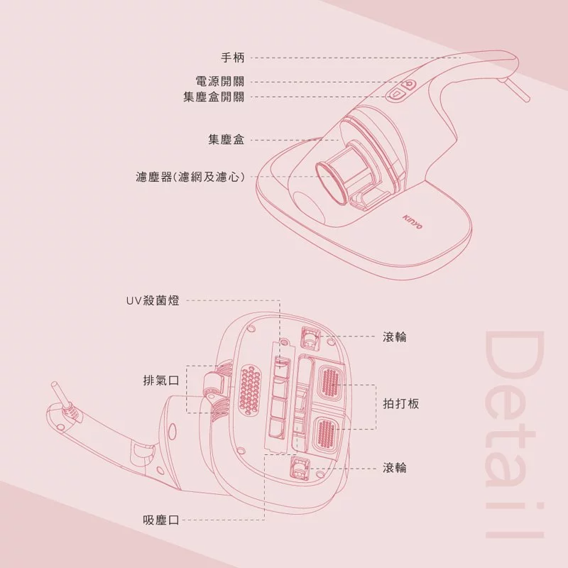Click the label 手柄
(233, 58)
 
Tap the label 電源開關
(220, 81)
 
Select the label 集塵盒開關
(214, 97)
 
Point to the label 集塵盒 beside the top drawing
(226, 140)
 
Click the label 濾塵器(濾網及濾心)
(190, 177)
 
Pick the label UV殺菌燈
(153, 300)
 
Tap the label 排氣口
(161, 381)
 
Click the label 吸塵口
(161, 520)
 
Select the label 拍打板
(401, 403)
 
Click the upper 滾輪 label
(395, 337)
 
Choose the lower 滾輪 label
(395, 468)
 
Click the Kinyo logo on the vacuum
(413, 222)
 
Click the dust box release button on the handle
(396, 94)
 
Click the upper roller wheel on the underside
(310, 339)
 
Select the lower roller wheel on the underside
(299, 469)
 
